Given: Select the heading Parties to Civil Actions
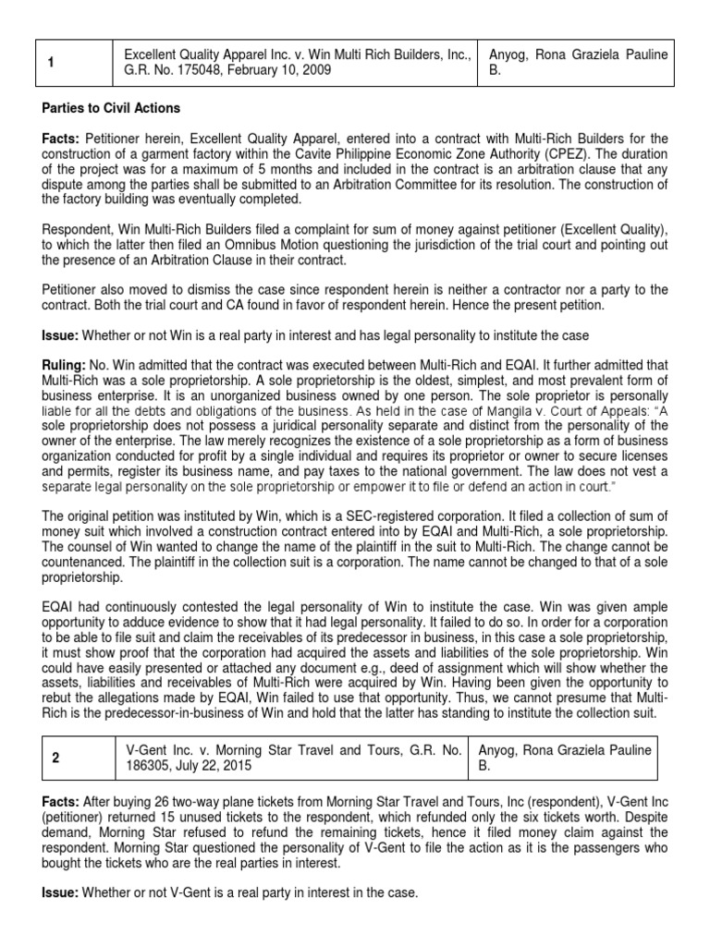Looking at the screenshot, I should point(111,109).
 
